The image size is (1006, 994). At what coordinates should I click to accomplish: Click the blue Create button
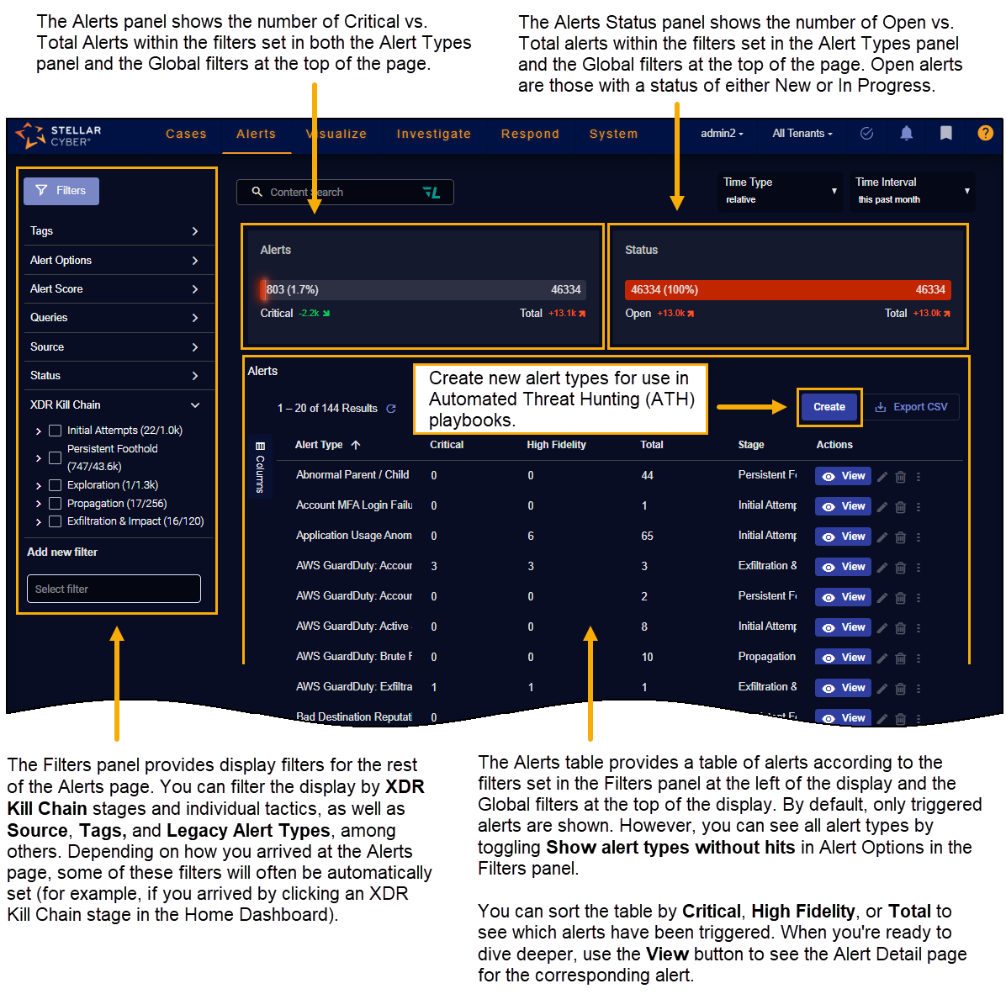tap(829, 407)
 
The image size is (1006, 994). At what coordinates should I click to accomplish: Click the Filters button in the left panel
tap(61, 191)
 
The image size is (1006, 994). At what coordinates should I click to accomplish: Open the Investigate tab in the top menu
tap(433, 134)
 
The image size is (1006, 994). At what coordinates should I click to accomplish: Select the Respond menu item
tap(530, 134)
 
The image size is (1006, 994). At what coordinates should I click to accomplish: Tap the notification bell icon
tap(906, 133)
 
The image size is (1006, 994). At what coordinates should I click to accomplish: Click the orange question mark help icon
tap(985, 133)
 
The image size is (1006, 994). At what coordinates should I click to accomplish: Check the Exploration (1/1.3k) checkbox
tap(56, 485)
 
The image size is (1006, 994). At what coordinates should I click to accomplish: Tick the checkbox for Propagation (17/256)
tap(56, 504)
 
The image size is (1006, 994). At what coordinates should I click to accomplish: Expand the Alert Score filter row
tap(114, 289)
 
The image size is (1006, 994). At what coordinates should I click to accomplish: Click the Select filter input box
tap(114, 589)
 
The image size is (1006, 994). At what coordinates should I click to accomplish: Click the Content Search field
tap(345, 193)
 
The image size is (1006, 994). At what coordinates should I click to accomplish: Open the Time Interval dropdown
tap(912, 191)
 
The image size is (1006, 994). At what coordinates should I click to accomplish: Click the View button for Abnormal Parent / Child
tap(844, 476)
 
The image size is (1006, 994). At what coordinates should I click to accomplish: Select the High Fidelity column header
tap(556, 445)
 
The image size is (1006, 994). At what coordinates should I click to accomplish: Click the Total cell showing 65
tap(647, 536)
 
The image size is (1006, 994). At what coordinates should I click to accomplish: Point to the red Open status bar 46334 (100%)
tap(787, 290)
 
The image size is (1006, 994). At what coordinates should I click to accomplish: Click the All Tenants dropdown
tap(802, 134)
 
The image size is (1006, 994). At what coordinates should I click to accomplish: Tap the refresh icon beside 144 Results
tap(391, 409)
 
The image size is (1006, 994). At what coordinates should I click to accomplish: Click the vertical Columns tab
tap(260, 468)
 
